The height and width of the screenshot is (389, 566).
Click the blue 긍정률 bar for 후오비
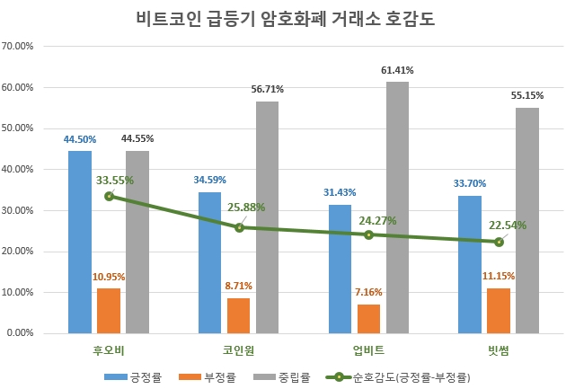pyautogui.click(x=80, y=242)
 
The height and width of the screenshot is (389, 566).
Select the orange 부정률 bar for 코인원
pyautogui.click(x=238, y=315)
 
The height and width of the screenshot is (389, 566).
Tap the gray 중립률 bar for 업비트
pyautogui.click(x=397, y=208)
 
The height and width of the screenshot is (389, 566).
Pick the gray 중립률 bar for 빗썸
pyautogui.click(x=527, y=220)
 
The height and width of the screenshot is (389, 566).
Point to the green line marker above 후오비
pyautogui.click(x=109, y=196)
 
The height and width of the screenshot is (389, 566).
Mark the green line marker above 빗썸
pyautogui.click(x=499, y=242)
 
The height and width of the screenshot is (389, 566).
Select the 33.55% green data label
pyautogui.click(x=115, y=181)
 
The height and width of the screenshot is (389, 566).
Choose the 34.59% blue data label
pyautogui.click(x=209, y=181)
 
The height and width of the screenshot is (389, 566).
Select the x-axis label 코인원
pyautogui.click(x=238, y=349)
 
